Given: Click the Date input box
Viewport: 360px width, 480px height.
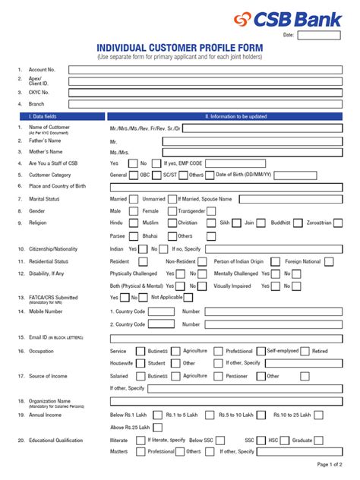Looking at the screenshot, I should pyautogui.click(x=319, y=35).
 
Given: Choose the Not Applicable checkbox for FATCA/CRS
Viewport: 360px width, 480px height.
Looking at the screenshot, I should pyautogui.click(x=189, y=298).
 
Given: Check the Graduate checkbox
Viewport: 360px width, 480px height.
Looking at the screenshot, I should pyautogui.click(x=321, y=440).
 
